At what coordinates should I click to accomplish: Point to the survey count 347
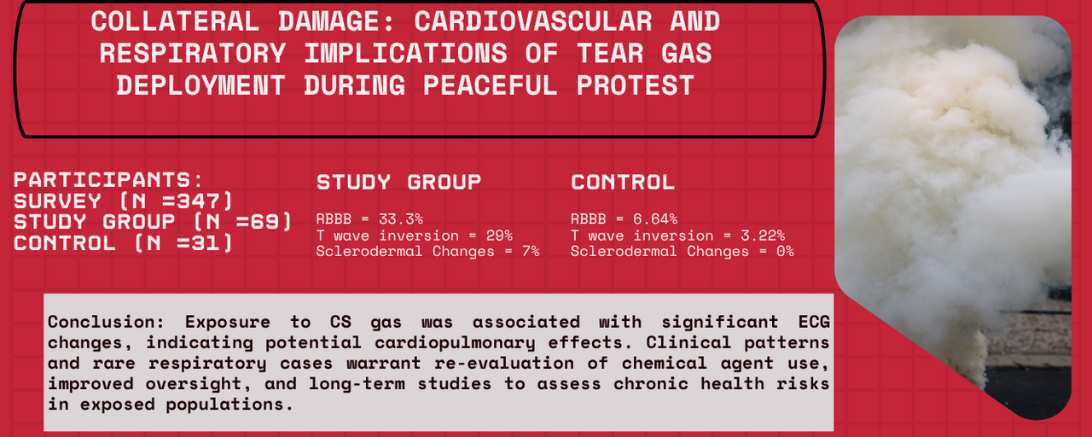click(203, 201)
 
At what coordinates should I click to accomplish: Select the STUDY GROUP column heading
click(398, 182)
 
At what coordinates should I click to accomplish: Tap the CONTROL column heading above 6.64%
click(622, 182)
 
